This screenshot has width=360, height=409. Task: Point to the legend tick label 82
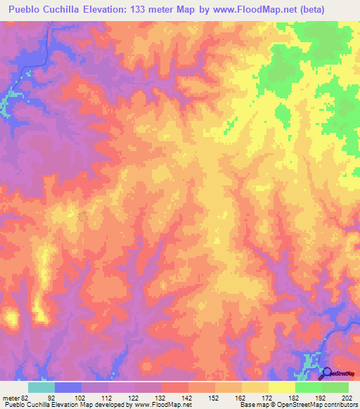[25, 397]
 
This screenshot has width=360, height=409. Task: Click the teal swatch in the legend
[41, 387]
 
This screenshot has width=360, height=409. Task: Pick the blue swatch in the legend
[68, 387]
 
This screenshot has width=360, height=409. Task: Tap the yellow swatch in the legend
[282, 387]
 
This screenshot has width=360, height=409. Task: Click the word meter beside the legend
[10, 397]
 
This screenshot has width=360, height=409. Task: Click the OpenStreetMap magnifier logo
[326, 374]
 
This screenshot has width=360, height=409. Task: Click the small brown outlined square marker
[83, 218]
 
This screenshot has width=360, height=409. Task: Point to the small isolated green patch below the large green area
[229, 126]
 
